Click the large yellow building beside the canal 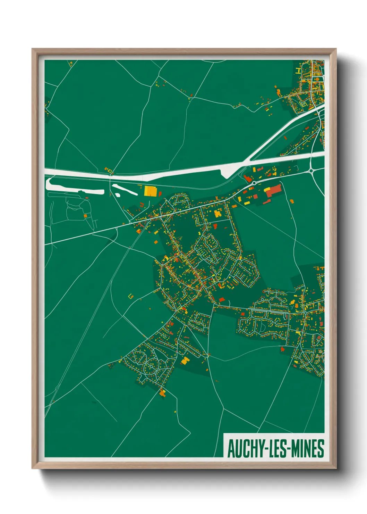click(150, 191)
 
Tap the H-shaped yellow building click(298, 71)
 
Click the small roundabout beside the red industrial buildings click(254, 183)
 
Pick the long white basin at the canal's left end click(75, 185)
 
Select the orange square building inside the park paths click(85, 216)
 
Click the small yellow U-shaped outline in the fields click(131, 296)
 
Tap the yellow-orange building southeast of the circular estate click(185, 360)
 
